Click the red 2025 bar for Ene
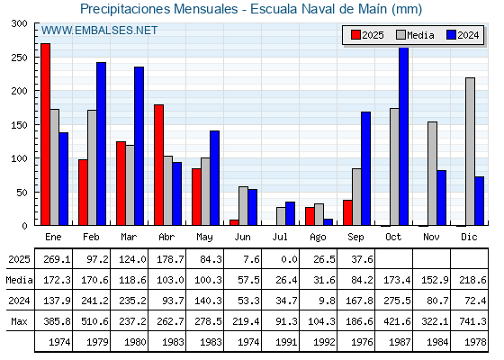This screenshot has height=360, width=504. [45, 134]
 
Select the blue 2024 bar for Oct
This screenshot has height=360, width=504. [404, 136]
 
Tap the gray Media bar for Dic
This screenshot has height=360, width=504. [470, 151]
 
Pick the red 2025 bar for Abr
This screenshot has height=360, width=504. [158, 165]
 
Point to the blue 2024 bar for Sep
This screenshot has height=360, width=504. [365, 168]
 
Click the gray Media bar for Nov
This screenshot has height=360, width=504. [432, 174]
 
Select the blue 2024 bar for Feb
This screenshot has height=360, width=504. [101, 144]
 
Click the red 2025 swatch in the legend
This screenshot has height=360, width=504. [355, 35]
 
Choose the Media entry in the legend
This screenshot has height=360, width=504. [415, 35]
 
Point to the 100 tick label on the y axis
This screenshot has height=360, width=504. [19, 158]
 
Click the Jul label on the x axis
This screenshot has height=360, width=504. [280, 237]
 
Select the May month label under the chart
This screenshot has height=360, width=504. [204, 238]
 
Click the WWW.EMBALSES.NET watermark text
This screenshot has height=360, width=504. [99, 31]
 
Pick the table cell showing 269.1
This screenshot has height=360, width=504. [57, 259]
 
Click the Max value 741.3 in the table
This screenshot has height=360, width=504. [472, 321]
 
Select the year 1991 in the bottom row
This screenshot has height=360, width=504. [286, 342]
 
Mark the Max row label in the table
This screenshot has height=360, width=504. [19, 321]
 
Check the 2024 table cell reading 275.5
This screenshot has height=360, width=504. [397, 301]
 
